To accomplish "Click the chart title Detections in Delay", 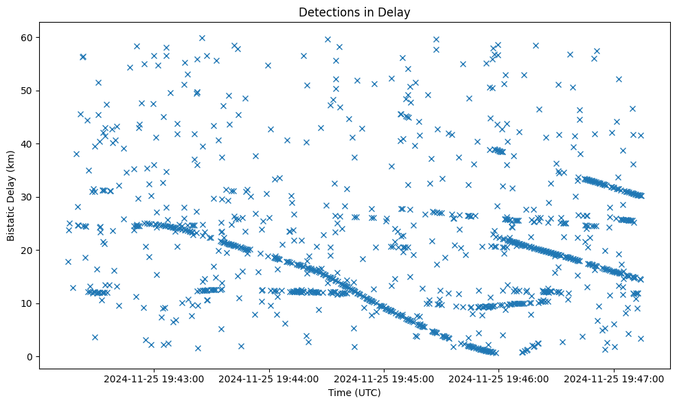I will coord(354,12).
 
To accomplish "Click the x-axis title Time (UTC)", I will coord(354,393).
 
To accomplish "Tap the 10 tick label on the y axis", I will coord(29,303).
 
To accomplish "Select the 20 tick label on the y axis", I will coord(29,250).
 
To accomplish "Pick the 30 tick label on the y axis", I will coord(29,197).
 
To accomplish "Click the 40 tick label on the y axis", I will coord(29,143).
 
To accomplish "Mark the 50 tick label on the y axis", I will coord(29,91).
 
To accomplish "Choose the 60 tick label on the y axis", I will coord(29,37).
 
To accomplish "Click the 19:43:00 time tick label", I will coord(154,378).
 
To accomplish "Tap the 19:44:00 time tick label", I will coord(268,378).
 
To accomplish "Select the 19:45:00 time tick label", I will coord(384,378).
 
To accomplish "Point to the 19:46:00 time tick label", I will coord(498,378).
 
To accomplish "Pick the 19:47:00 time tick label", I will coord(614,378).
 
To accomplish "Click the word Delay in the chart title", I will coord(396,12).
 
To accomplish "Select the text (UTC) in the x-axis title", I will coord(367,393).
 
